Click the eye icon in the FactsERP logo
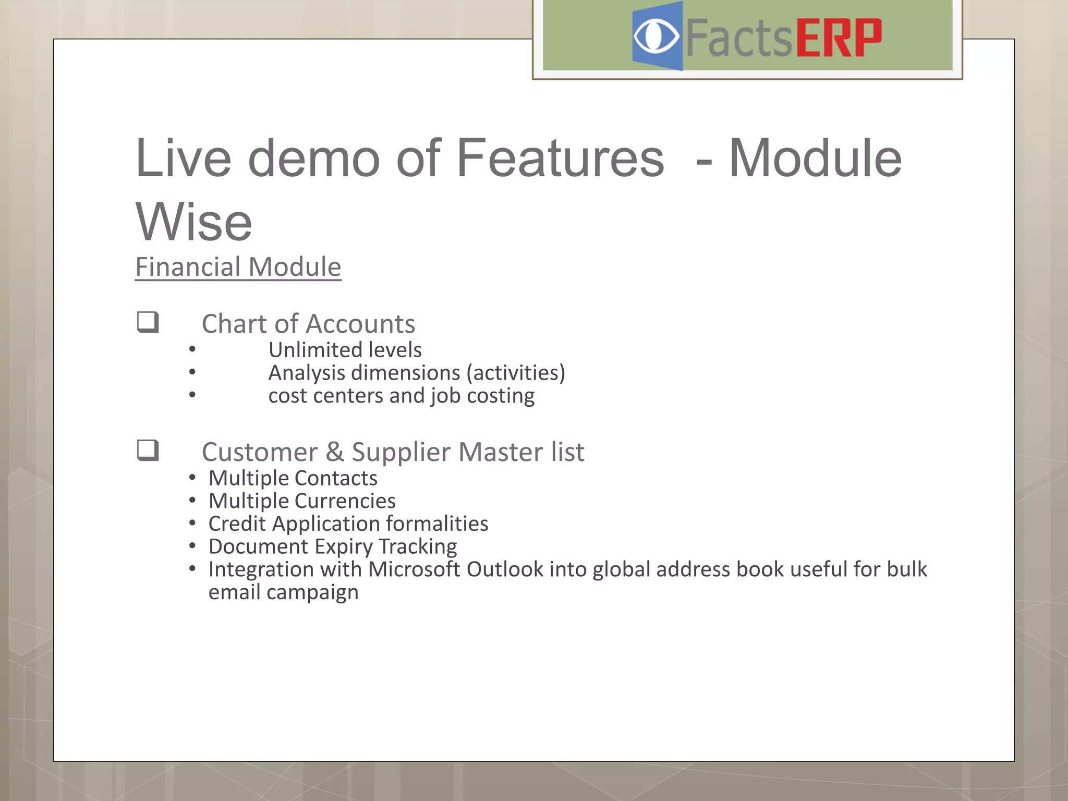656,37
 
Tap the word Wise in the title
194,222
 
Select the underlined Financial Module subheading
238,267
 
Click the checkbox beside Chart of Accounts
148,322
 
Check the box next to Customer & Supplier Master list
148,450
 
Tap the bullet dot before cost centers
192,395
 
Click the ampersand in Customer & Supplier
334,452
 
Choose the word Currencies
345,501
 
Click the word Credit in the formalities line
237,524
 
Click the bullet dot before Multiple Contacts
192,477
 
